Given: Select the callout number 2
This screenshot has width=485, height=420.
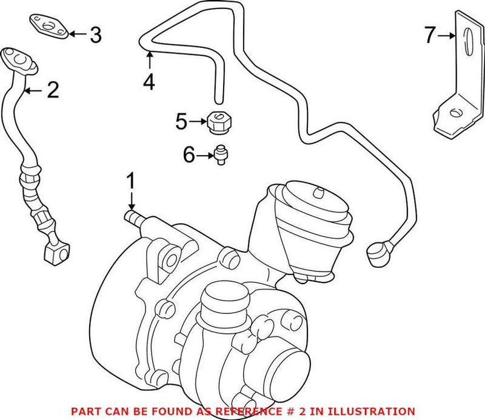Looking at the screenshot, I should coord(53,91).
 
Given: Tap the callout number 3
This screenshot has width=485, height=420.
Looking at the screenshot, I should coord(95,35).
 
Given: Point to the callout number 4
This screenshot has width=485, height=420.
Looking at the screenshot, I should coord(149,81).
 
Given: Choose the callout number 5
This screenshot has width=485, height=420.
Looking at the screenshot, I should coord(181,122).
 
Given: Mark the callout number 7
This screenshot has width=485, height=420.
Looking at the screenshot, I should coord(429,36).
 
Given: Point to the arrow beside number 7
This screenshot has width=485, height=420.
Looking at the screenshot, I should coord(447,36).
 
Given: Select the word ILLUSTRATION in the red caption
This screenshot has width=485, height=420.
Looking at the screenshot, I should coord(378,411).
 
